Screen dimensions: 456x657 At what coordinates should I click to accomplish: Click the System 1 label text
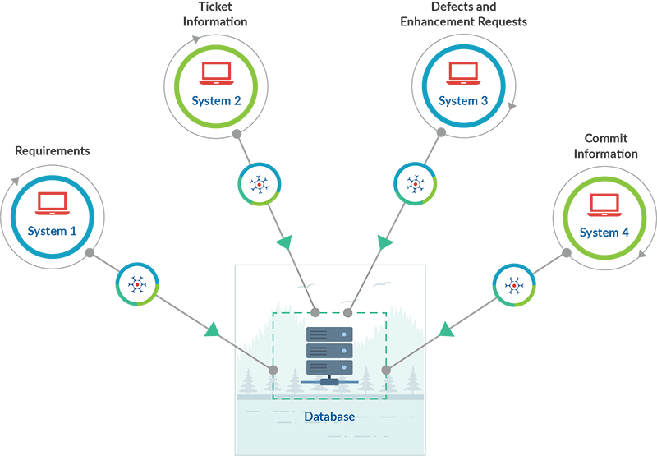[52, 232]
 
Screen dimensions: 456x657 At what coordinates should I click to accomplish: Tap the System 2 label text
[216, 101]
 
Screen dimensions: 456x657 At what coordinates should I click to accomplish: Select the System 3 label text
[463, 101]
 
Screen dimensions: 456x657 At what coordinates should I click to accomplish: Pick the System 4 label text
[604, 233]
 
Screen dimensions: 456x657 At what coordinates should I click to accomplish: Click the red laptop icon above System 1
[52, 202]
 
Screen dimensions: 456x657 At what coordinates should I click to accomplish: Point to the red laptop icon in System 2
[216, 74]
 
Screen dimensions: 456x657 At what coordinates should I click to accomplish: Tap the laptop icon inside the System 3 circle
[463, 74]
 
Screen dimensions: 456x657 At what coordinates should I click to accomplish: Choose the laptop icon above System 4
[604, 203]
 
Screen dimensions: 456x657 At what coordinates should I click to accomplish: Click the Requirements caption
[53, 151]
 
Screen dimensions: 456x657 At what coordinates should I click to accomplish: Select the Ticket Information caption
[216, 14]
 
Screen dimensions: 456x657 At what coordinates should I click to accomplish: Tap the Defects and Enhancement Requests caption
[463, 14]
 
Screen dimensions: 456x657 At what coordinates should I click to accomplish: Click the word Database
[329, 417]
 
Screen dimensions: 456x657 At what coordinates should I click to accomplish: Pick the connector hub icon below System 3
[416, 186]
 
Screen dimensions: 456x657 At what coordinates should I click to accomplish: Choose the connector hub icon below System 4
[514, 286]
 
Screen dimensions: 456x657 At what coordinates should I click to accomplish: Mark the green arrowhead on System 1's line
[212, 330]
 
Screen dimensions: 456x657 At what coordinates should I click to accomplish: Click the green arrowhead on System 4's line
[446, 330]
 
